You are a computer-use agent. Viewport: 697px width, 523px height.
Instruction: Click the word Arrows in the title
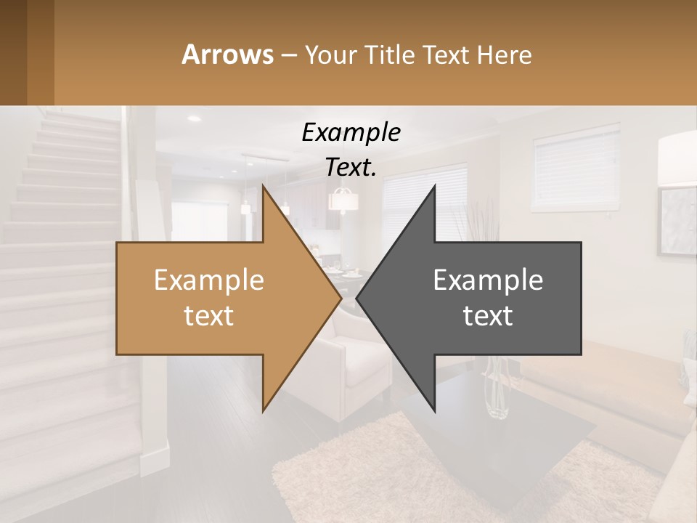[227, 54]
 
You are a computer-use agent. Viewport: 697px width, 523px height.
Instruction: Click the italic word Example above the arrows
[351, 133]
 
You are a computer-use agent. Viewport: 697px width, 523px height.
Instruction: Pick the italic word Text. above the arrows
[351, 168]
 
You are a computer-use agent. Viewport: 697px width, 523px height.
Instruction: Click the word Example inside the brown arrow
[208, 280]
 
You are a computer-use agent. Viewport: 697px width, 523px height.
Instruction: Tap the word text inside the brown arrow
[208, 316]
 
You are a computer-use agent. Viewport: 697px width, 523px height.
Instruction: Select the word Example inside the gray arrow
[488, 280]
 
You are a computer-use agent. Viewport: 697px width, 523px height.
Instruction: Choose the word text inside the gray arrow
[488, 316]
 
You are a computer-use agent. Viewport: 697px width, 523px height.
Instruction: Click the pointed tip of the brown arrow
[340, 298]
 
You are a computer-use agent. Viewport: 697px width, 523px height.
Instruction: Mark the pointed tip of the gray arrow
[358, 298]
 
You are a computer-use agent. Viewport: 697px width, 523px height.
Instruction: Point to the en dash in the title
[288, 55]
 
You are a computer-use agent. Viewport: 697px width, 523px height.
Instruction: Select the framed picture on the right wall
[677, 222]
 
